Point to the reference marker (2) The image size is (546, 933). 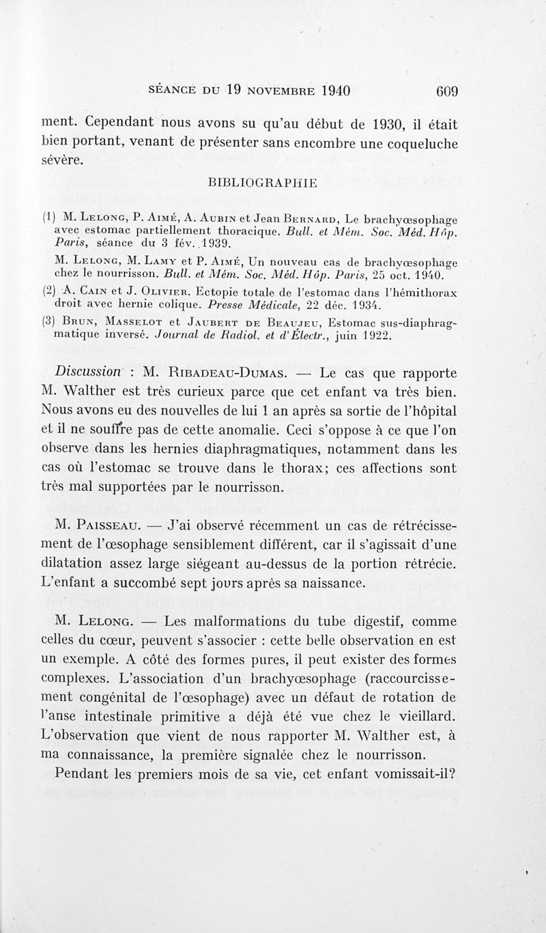pyautogui.click(x=48, y=291)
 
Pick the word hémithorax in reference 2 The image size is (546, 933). pyautogui.click(x=420, y=291)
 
